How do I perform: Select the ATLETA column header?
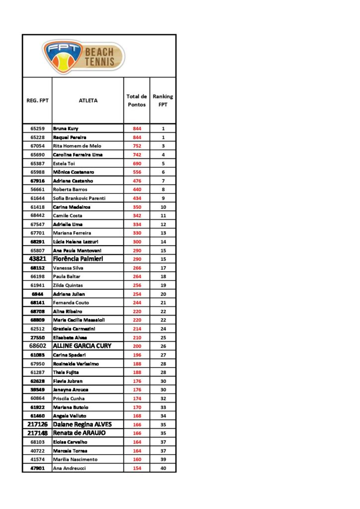88,100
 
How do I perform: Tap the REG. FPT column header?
37,100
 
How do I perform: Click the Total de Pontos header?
137,100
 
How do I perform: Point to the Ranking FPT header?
163,100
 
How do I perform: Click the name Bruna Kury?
66,129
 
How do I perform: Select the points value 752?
137,146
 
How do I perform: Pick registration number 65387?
38,164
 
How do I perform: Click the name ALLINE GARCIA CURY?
82,346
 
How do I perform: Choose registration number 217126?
37,424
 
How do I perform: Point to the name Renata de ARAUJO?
79,433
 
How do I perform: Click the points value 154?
137,468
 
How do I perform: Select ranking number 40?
163,468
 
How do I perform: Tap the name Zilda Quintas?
68,285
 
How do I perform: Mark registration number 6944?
38,294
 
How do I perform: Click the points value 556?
137,172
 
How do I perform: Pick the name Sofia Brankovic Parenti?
79,198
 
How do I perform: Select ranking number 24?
163,329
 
